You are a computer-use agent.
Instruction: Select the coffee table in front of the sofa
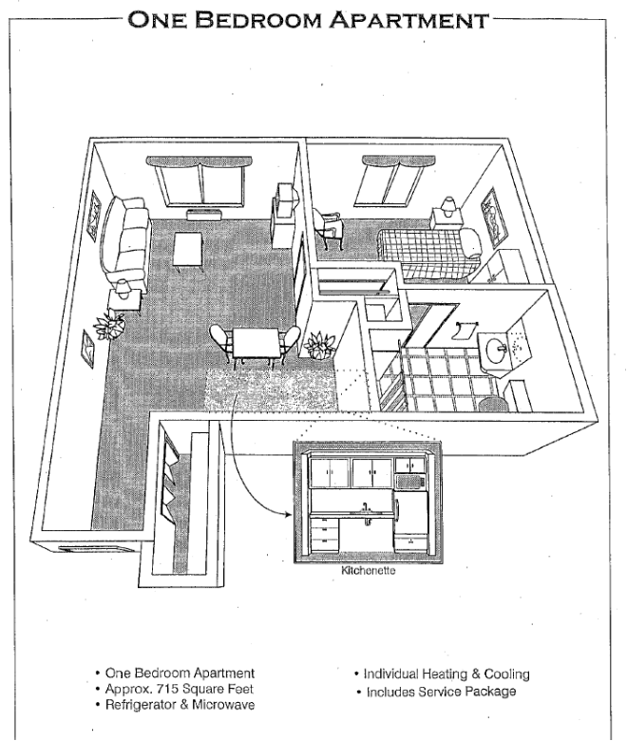point(187,251)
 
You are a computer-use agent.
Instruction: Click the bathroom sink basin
point(496,351)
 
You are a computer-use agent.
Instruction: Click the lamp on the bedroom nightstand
point(447,206)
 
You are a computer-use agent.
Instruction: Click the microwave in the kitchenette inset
point(410,482)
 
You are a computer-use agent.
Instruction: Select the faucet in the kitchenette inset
point(365,508)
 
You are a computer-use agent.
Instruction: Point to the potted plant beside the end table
point(109,326)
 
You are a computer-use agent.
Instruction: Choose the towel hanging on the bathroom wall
point(463,330)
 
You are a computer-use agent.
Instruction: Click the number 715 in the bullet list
point(165,689)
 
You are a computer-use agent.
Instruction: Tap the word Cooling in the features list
point(506,674)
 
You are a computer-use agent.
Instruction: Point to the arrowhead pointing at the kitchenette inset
point(289,515)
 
